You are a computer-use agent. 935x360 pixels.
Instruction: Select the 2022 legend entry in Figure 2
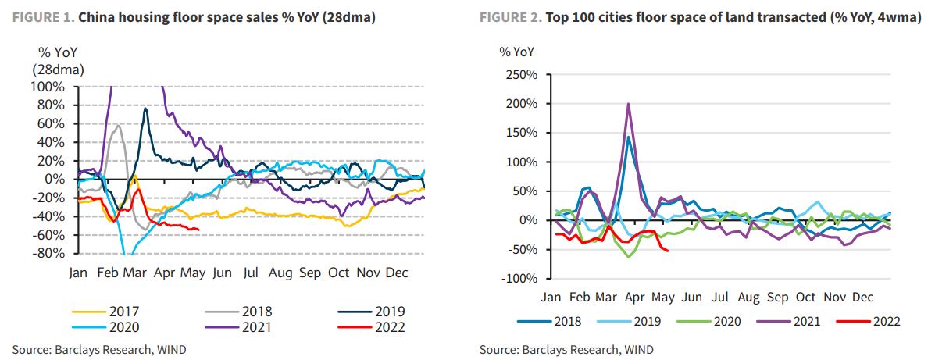(885, 321)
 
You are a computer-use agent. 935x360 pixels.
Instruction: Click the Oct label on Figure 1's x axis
(338, 273)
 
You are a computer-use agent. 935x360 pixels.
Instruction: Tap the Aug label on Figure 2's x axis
(748, 298)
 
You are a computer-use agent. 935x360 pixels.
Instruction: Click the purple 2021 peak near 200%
(629, 104)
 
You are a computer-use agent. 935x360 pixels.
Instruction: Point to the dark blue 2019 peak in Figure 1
(145, 109)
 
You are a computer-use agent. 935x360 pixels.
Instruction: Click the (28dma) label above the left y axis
(58, 70)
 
